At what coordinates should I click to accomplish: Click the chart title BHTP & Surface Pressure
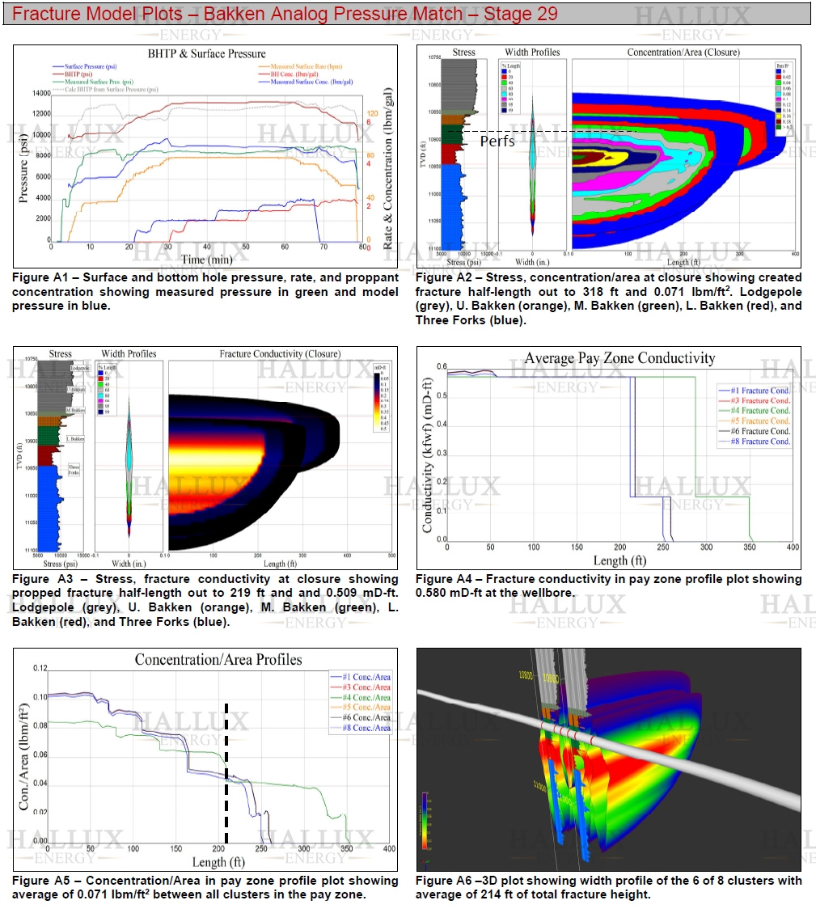(206, 54)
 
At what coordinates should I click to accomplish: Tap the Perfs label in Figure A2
(497, 141)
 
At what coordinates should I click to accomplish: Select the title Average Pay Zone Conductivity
(619, 357)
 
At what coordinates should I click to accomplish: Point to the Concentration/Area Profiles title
(218, 659)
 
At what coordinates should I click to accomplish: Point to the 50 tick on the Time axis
(207, 247)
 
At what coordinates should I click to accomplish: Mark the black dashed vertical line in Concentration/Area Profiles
(226, 775)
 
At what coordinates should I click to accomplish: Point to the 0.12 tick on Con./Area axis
(37, 668)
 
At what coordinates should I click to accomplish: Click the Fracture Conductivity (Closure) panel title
(278, 353)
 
